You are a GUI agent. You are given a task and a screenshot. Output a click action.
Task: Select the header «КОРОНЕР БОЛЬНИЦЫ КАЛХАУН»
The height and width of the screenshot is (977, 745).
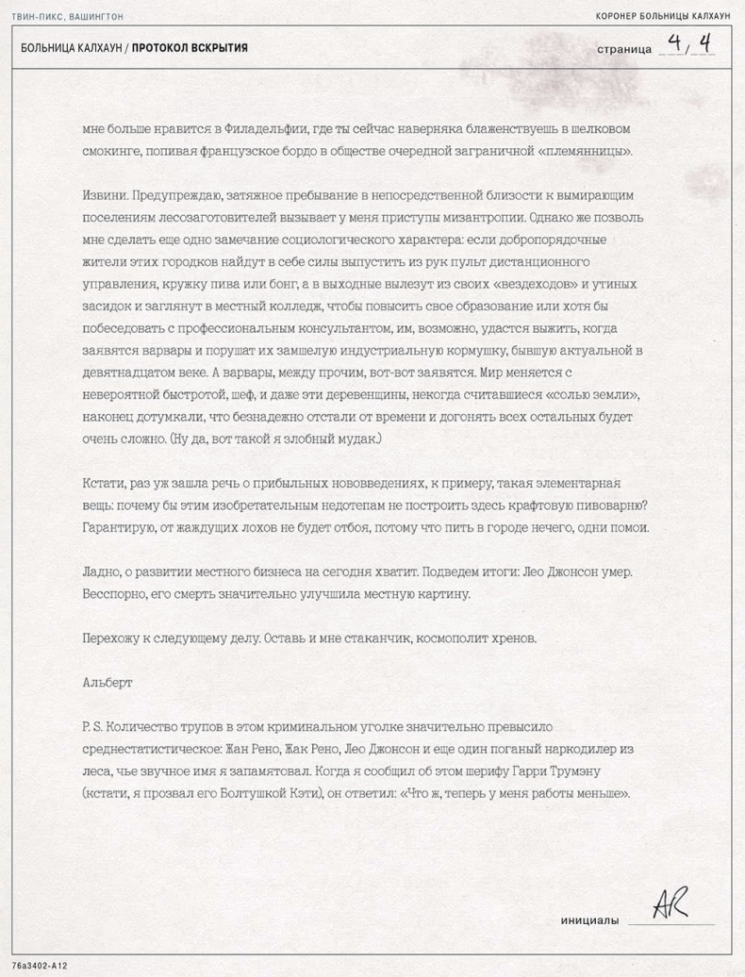[x=663, y=17]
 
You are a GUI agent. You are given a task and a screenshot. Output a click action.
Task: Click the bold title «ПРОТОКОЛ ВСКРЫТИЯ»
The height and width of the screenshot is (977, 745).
[x=190, y=48]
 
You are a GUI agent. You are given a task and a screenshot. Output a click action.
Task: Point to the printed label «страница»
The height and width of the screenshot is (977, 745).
[x=624, y=49]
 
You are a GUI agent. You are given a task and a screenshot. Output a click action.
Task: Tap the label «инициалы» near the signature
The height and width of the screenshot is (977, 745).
[x=589, y=920]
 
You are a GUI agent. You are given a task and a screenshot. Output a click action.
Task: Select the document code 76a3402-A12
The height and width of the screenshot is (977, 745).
[x=40, y=966]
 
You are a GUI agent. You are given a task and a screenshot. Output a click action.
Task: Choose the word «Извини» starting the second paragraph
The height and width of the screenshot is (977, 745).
[x=105, y=195]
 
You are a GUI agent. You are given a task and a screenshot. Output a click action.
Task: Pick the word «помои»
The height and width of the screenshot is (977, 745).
[x=628, y=529]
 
